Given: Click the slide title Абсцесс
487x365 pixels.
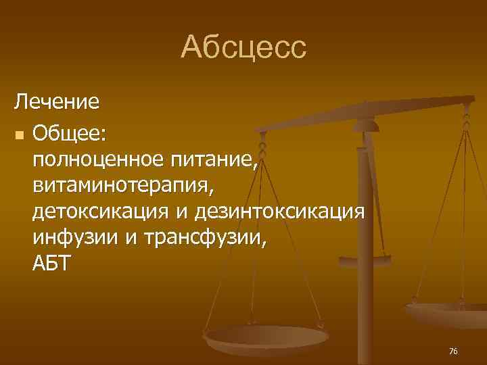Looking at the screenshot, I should pos(243,47).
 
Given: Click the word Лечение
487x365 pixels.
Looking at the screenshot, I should pos(57,103).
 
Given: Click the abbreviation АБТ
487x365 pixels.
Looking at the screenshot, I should pos(50,264).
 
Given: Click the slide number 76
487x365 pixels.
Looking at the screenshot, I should pos(453,351).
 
